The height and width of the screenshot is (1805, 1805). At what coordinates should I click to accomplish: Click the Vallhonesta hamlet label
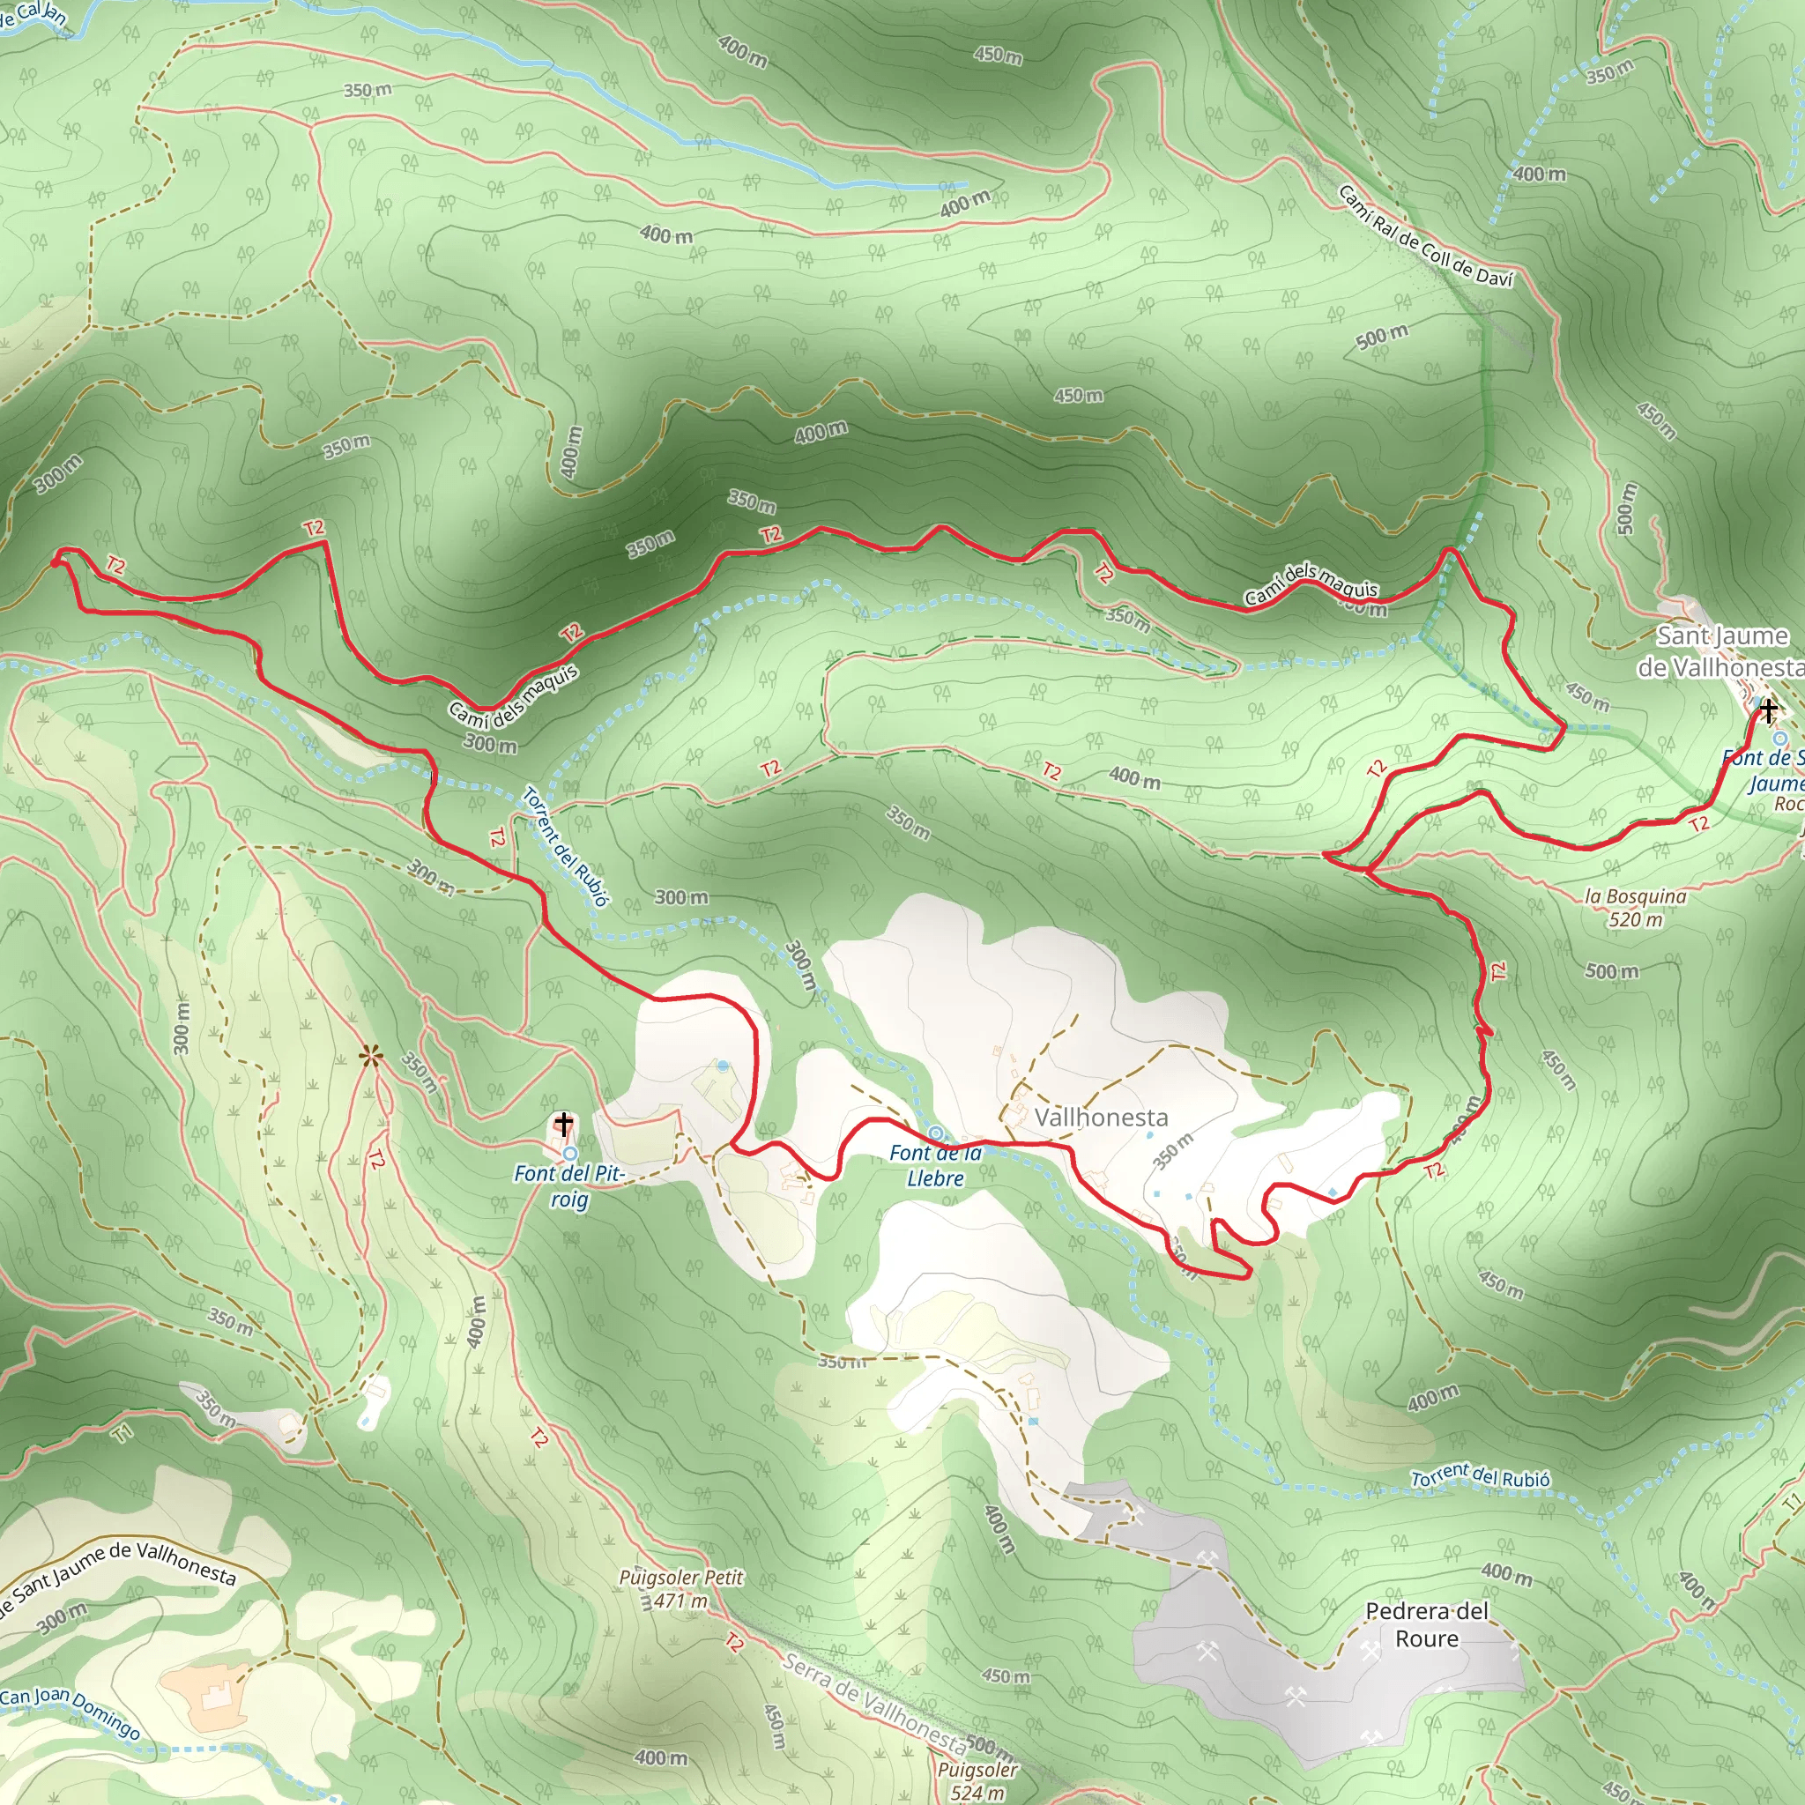pos(1101,1118)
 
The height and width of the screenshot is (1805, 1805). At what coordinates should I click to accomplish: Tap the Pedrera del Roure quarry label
pos(1426,1624)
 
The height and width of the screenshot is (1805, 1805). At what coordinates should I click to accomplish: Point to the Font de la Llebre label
pos(935,1165)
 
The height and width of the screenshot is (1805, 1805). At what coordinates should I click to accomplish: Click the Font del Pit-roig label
pos(569,1185)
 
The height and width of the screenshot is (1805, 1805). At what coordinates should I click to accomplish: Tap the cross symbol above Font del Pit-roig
pos(563,1122)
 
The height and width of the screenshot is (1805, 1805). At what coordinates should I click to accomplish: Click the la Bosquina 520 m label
pos(1636,907)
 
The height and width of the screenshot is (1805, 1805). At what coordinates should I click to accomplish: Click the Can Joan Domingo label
pos(71,1713)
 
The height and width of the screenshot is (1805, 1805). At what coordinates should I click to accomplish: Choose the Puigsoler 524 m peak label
pos(977,1779)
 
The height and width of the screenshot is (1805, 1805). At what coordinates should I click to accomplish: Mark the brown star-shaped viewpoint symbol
pos(371,1058)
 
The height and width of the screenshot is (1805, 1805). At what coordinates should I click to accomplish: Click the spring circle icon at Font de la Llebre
pos(935,1133)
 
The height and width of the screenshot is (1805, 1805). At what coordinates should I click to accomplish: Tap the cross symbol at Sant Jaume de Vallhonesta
pos(1768,711)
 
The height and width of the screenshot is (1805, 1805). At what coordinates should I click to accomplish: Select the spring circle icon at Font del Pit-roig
pos(569,1154)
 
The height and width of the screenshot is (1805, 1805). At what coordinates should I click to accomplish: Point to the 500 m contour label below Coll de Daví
pos(1382,337)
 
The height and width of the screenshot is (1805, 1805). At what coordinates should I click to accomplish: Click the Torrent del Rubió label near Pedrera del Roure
pos(1480,1476)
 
